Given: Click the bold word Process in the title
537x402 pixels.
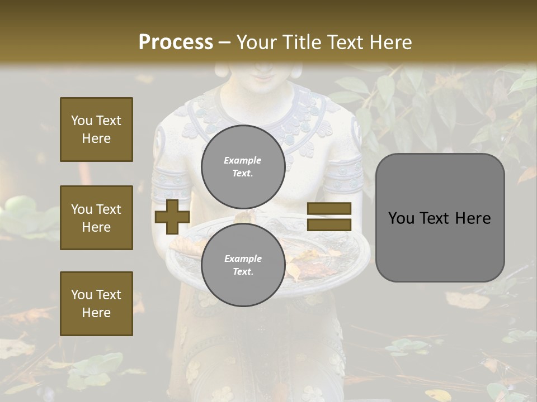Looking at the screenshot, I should coord(176,42).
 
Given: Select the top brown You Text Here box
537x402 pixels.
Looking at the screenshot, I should coord(96,130).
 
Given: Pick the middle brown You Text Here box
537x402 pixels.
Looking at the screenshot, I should coord(96,218).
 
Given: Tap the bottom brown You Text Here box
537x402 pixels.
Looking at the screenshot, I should coord(96,304).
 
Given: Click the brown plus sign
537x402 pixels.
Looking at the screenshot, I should coord(172,217).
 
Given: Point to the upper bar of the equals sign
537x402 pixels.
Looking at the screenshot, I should coord(329,209).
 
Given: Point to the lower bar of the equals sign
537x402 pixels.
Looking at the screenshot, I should coord(329,224).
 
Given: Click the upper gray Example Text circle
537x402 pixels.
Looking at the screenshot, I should coord(243,166).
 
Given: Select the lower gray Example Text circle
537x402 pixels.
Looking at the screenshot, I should coord(243,265).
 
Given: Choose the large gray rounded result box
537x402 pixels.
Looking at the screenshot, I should coord(440,217).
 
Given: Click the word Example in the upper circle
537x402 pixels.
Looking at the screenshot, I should coord(243,160).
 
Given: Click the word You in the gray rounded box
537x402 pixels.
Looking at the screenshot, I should coord(401,218).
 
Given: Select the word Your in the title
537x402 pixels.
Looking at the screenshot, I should coord(256,42).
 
